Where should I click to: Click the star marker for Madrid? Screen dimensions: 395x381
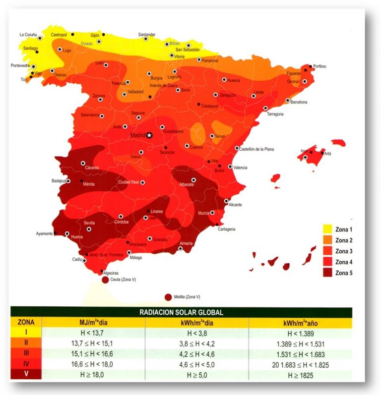point(150,135)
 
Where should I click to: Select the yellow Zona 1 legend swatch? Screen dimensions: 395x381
point(327,229)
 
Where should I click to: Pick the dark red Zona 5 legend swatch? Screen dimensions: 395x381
point(327,272)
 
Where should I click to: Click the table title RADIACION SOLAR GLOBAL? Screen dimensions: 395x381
point(181,312)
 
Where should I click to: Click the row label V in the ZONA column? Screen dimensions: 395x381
point(26,375)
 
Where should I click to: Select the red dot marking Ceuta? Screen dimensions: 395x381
point(105,280)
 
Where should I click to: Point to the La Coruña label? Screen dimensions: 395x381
point(28,35)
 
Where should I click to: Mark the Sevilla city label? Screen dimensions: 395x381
point(90,223)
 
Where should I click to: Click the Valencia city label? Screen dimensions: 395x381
point(240,168)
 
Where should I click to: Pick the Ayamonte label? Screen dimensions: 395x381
point(44,233)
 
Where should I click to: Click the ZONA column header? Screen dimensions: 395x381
point(26,322)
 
